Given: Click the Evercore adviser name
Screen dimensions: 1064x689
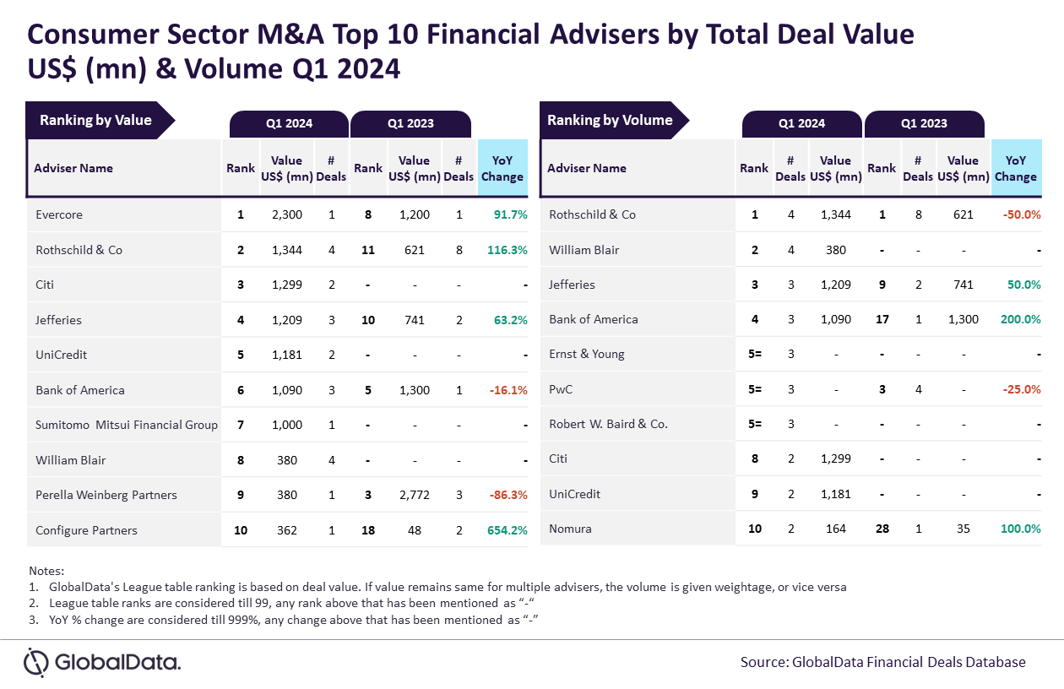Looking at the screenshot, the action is [x=59, y=214].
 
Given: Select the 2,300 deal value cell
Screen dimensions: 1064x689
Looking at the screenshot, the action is [x=287, y=214].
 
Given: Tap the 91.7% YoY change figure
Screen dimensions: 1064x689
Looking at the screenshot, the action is [x=511, y=214].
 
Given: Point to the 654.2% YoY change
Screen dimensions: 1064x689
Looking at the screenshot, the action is [x=508, y=530].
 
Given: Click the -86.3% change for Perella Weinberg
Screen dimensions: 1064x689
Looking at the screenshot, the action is [x=508, y=495].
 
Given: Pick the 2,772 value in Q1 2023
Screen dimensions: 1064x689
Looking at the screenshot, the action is [x=414, y=495].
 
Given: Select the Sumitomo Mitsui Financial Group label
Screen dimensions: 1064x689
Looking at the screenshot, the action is [x=127, y=425].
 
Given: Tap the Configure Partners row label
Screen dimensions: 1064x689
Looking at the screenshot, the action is [x=86, y=530].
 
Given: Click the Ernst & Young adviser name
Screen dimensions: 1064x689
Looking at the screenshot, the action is [x=587, y=354].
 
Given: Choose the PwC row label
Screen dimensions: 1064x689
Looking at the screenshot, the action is [x=561, y=389].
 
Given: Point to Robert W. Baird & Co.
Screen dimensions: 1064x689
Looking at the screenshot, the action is [x=608, y=424].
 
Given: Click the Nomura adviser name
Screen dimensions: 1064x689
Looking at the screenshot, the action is [x=570, y=529].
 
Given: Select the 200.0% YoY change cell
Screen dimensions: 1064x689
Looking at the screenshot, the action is [x=1020, y=319].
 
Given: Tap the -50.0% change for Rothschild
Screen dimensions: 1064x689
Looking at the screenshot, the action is [x=1022, y=214].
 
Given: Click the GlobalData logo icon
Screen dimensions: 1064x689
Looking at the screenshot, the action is [x=35, y=662].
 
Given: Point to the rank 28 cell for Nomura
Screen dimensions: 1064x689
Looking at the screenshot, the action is [x=882, y=529].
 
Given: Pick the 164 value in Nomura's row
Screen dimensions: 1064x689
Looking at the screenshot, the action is [x=835, y=529].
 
